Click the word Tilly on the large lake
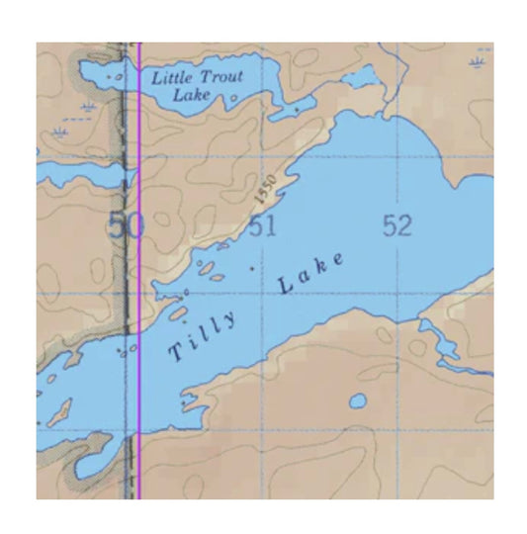point(203,336)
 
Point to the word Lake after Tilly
point(311,273)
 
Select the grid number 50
point(126,226)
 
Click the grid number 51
point(262,226)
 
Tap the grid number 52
point(397,226)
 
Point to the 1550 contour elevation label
point(262,182)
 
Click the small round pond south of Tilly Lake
point(357,401)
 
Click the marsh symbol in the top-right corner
point(480,65)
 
